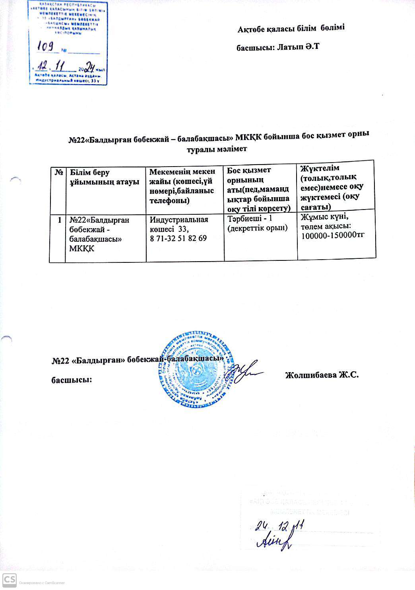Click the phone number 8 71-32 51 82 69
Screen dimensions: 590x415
tap(178, 239)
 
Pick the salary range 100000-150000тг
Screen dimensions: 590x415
tap(333, 235)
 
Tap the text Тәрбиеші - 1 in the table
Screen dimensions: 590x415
tap(249, 219)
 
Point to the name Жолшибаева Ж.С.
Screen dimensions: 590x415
tap(322, 375)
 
